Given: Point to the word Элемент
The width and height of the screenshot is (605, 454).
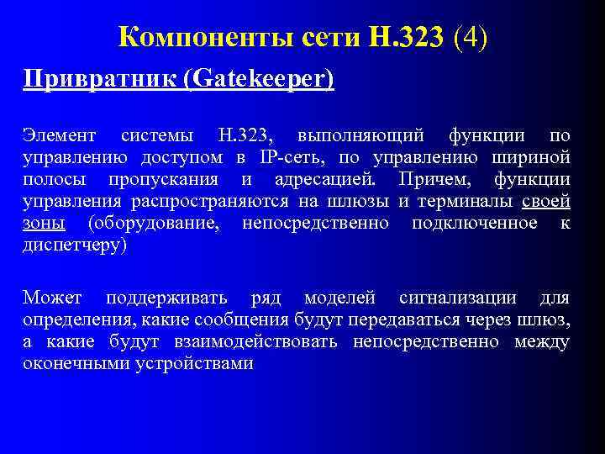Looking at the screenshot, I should click(59, 135).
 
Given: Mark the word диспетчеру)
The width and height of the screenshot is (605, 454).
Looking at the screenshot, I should click(75, 245).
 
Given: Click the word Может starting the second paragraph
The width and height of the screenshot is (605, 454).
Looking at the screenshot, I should click(52, 298).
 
